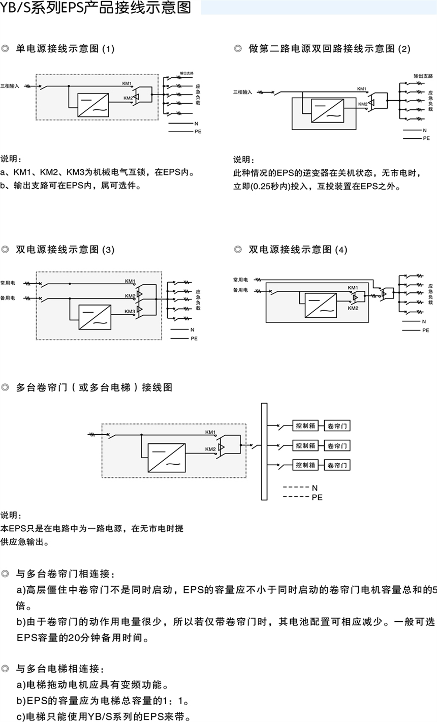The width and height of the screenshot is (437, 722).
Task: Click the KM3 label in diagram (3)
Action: coord(130,311)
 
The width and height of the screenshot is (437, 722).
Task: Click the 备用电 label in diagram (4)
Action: coord(240,290)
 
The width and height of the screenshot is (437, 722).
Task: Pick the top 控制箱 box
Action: coord(305,426)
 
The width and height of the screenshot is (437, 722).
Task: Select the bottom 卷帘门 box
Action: coord(337,465)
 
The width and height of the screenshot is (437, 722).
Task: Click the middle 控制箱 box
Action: coord(305,446)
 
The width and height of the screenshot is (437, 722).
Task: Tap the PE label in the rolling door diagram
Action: coord(317,497)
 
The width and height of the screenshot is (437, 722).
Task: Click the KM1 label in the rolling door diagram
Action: coord(210,432)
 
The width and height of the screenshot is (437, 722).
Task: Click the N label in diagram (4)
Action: coord(424,321)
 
